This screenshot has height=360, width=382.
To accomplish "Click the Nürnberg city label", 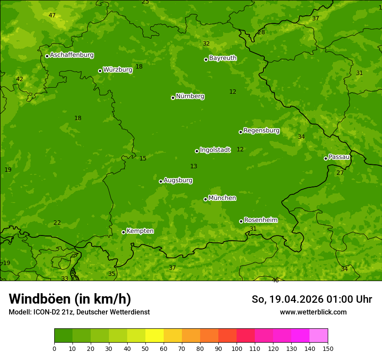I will pos(190,96).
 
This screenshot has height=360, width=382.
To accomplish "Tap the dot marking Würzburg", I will pos(100,71).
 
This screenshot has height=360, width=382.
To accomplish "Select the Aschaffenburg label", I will pos(72,55).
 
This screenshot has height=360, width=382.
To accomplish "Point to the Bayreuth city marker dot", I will pos(206,59).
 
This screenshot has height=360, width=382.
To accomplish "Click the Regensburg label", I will pos(261,131).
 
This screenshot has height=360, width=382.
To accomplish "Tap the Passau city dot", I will pos(326,158).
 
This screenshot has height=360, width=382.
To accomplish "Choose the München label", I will pos(222,198).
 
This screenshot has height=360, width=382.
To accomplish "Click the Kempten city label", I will pos(140,231).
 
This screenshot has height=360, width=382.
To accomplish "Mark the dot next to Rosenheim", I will pos(241,222).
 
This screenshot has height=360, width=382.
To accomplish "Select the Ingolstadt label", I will pos(215,150).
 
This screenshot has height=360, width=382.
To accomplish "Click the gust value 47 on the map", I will pos(52,16).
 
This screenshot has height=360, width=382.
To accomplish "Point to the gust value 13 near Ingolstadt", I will pos(194,167).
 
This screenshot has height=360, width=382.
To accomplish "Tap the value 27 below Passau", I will pos(340,173).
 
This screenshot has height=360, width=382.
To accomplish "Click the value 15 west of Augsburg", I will pos(143,159).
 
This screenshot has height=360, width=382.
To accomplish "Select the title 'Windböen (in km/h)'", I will pos(70,299).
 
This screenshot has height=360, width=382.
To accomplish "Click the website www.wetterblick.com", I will pos(313,312).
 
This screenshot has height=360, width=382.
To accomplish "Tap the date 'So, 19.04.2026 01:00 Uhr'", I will pos(312,299).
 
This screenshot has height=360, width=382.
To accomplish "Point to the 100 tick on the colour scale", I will pos(237,348).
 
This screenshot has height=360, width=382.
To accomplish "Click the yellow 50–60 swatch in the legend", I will pos(155,336).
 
